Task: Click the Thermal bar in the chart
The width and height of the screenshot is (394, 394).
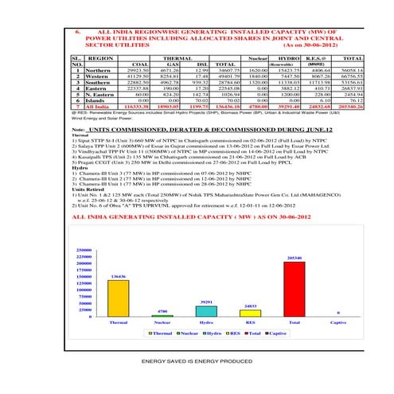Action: (x=118, y=298)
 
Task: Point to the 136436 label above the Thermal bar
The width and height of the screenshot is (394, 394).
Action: (x=118, y=276)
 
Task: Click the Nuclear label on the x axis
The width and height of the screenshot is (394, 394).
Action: (x=162, y=322)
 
